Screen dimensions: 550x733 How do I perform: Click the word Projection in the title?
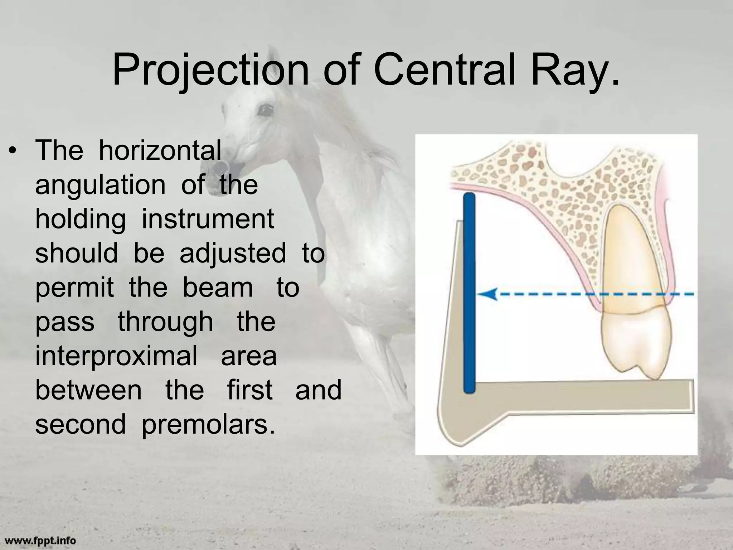tap(210, 70)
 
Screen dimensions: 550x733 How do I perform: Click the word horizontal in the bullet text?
tap(160, 150)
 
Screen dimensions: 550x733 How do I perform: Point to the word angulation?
tap(100, 185)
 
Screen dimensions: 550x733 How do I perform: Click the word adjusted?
tap(233, 253)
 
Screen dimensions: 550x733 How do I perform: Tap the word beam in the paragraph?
tap(218, 287)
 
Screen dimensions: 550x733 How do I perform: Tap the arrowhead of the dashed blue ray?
tap(487, 294)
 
